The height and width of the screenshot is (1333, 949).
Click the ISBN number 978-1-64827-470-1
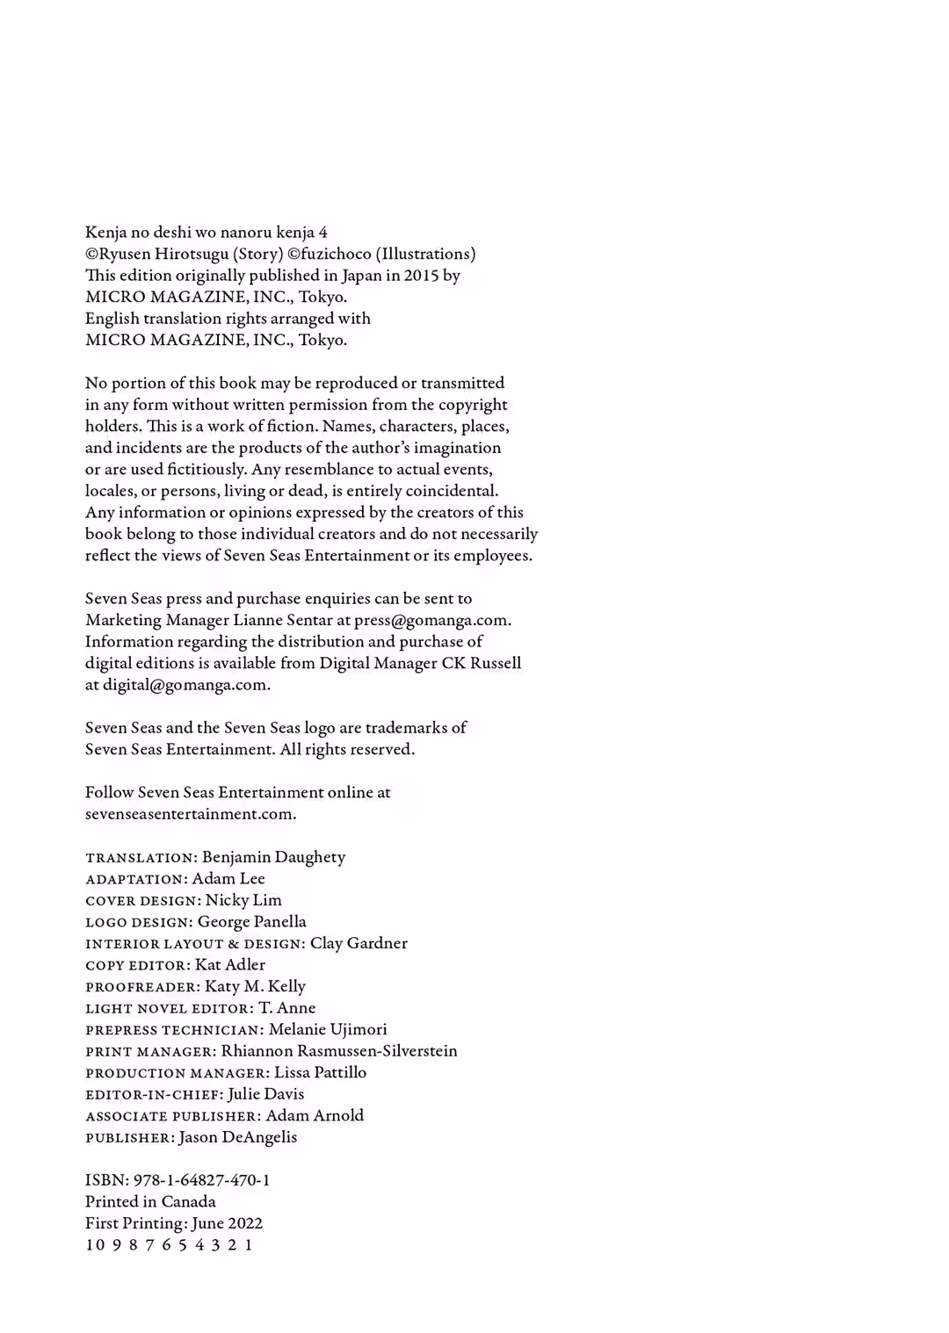[x=202, y=1180]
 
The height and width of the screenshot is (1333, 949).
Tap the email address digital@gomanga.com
[x=185, y=685]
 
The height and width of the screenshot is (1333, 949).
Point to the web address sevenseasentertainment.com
[x=189, y=814]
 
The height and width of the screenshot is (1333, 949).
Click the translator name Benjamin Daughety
[x=273, y=857]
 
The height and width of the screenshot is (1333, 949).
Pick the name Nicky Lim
[x=243, y=900]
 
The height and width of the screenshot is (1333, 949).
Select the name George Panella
[x=252, y=922]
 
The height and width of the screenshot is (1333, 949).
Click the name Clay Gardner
[x=359, y=943]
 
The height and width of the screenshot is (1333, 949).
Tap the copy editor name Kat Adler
[x=230, y=965]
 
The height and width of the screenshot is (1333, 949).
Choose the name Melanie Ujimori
[x=328, y=1029]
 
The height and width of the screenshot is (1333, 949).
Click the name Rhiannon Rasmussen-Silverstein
[x=339, y=1051]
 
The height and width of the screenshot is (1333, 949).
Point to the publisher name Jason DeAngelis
[x=238, y=1137]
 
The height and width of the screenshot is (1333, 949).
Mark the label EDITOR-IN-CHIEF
[x=153, y=1095]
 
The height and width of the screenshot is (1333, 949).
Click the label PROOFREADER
[x=141, y=987]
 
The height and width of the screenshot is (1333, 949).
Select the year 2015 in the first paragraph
[x=421, y=276]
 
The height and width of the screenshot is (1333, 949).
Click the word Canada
[x=188, y=1201]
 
